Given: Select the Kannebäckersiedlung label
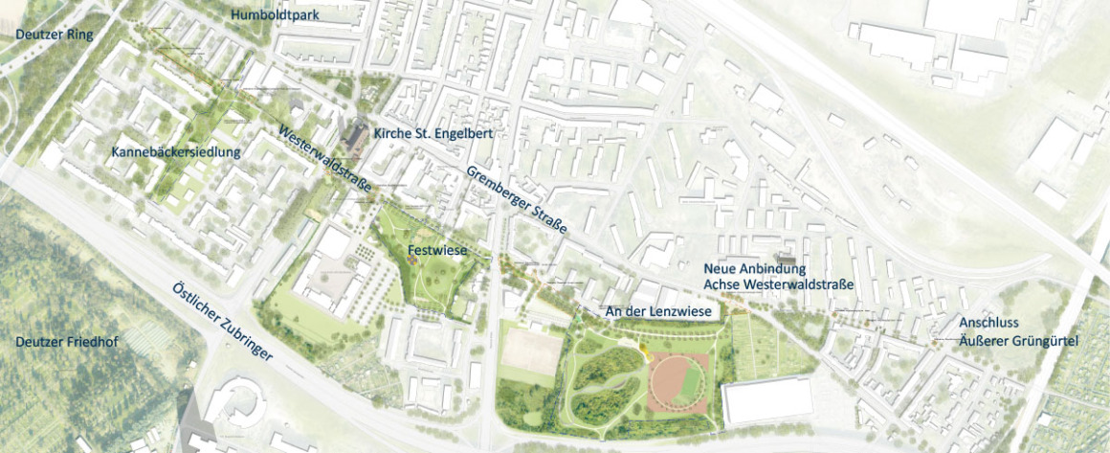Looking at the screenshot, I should click(x=175, y=152).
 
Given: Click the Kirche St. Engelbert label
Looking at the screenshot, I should click(x=433, y=134).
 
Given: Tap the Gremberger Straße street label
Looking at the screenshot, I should click(x=517, y=202).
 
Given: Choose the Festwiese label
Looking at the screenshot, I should click(x=437, y=250).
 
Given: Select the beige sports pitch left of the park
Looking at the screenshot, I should click(x=528, y=351).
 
